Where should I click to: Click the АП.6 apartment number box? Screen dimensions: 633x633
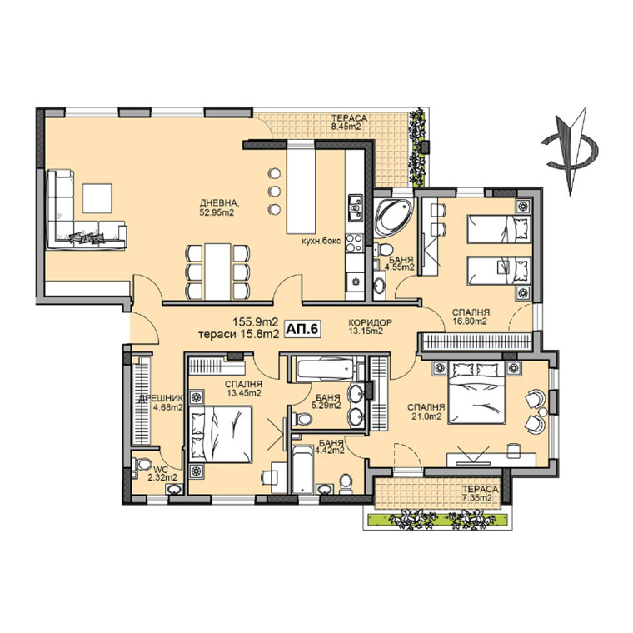[302, 329]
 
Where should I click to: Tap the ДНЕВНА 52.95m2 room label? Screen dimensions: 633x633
[217, 207]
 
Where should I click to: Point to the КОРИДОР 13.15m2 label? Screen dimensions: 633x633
[370, 326]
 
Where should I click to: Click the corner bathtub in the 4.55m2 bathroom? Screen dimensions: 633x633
[393, 217]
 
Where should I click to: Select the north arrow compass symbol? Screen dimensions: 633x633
[570, 152]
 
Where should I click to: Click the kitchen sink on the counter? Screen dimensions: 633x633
[356, 207]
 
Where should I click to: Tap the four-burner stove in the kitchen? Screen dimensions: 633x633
[355, 243]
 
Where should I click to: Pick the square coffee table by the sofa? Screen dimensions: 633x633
[97, 198]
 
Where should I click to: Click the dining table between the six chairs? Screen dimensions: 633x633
[217, 271]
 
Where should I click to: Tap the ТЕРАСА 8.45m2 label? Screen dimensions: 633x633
[349, 122]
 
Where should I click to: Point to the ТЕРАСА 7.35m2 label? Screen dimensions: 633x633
[481, 493]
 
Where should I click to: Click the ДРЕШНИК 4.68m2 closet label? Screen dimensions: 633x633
[162, 403]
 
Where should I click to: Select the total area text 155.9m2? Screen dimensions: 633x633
[256, 322]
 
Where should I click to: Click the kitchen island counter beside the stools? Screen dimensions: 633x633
[300, 187]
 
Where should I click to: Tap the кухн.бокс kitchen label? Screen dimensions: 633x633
[321, 241]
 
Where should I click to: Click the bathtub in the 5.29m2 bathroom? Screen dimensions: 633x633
[326, 368]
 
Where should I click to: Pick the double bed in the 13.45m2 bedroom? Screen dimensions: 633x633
[221, 434]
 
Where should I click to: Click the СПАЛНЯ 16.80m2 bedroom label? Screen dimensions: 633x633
[471, 316]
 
